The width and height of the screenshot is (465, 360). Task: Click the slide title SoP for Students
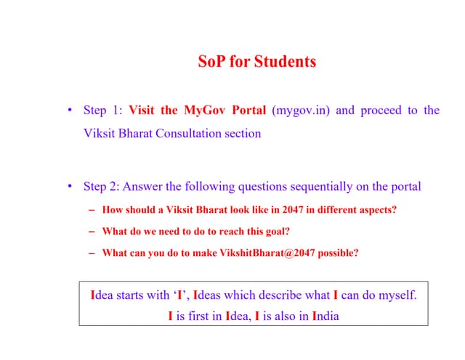point(257,62)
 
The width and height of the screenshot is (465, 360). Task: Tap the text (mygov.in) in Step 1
point(301,111)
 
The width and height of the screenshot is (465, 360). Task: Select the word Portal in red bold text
point(248,111)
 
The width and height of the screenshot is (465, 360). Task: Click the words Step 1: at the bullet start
point(102,111)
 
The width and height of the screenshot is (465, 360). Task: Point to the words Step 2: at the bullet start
point(102,186)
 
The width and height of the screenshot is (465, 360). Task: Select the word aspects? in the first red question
point(378,209)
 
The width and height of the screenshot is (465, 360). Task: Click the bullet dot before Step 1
point(70,111)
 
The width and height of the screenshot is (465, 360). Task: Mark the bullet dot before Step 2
point(70,186)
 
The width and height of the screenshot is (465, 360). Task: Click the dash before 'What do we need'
point(93,231)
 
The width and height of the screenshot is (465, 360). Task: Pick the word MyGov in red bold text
point(202,111)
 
